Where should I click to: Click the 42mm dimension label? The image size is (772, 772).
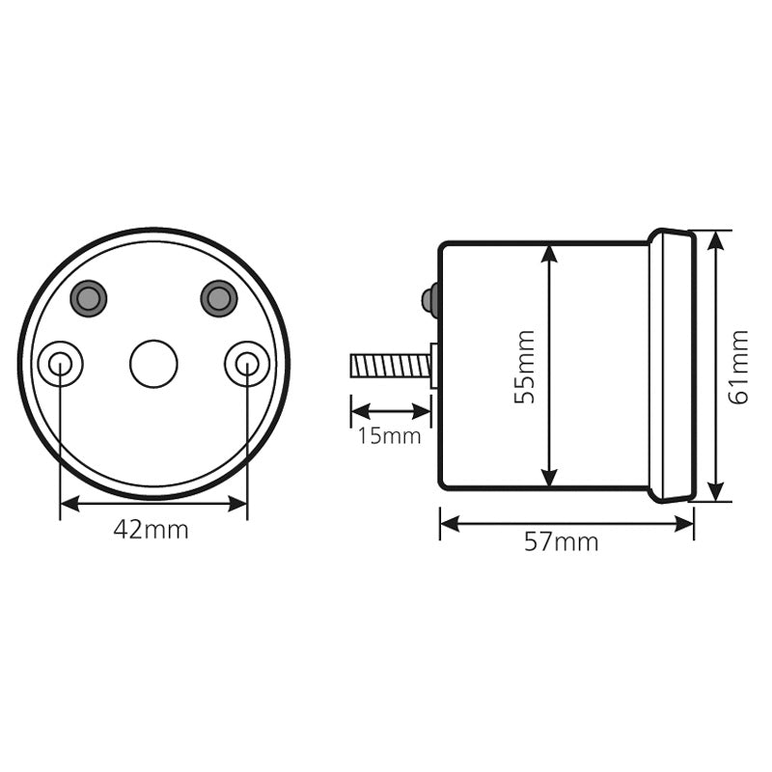click(151, 530)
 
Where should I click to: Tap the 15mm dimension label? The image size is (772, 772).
click(389, 436)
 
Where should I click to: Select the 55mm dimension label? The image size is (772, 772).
click(524, 368)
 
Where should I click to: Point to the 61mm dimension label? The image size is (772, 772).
click(738, 368)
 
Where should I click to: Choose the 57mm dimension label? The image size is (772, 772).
click(562, 542)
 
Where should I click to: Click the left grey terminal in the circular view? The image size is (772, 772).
click(89, 298)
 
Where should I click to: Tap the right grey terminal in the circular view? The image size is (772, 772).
click(219, 298)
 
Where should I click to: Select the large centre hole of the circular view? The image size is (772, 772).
click(153, 364)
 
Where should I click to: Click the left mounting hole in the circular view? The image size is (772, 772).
click(60, 364)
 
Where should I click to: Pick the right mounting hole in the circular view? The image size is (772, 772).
click(247, 364)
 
